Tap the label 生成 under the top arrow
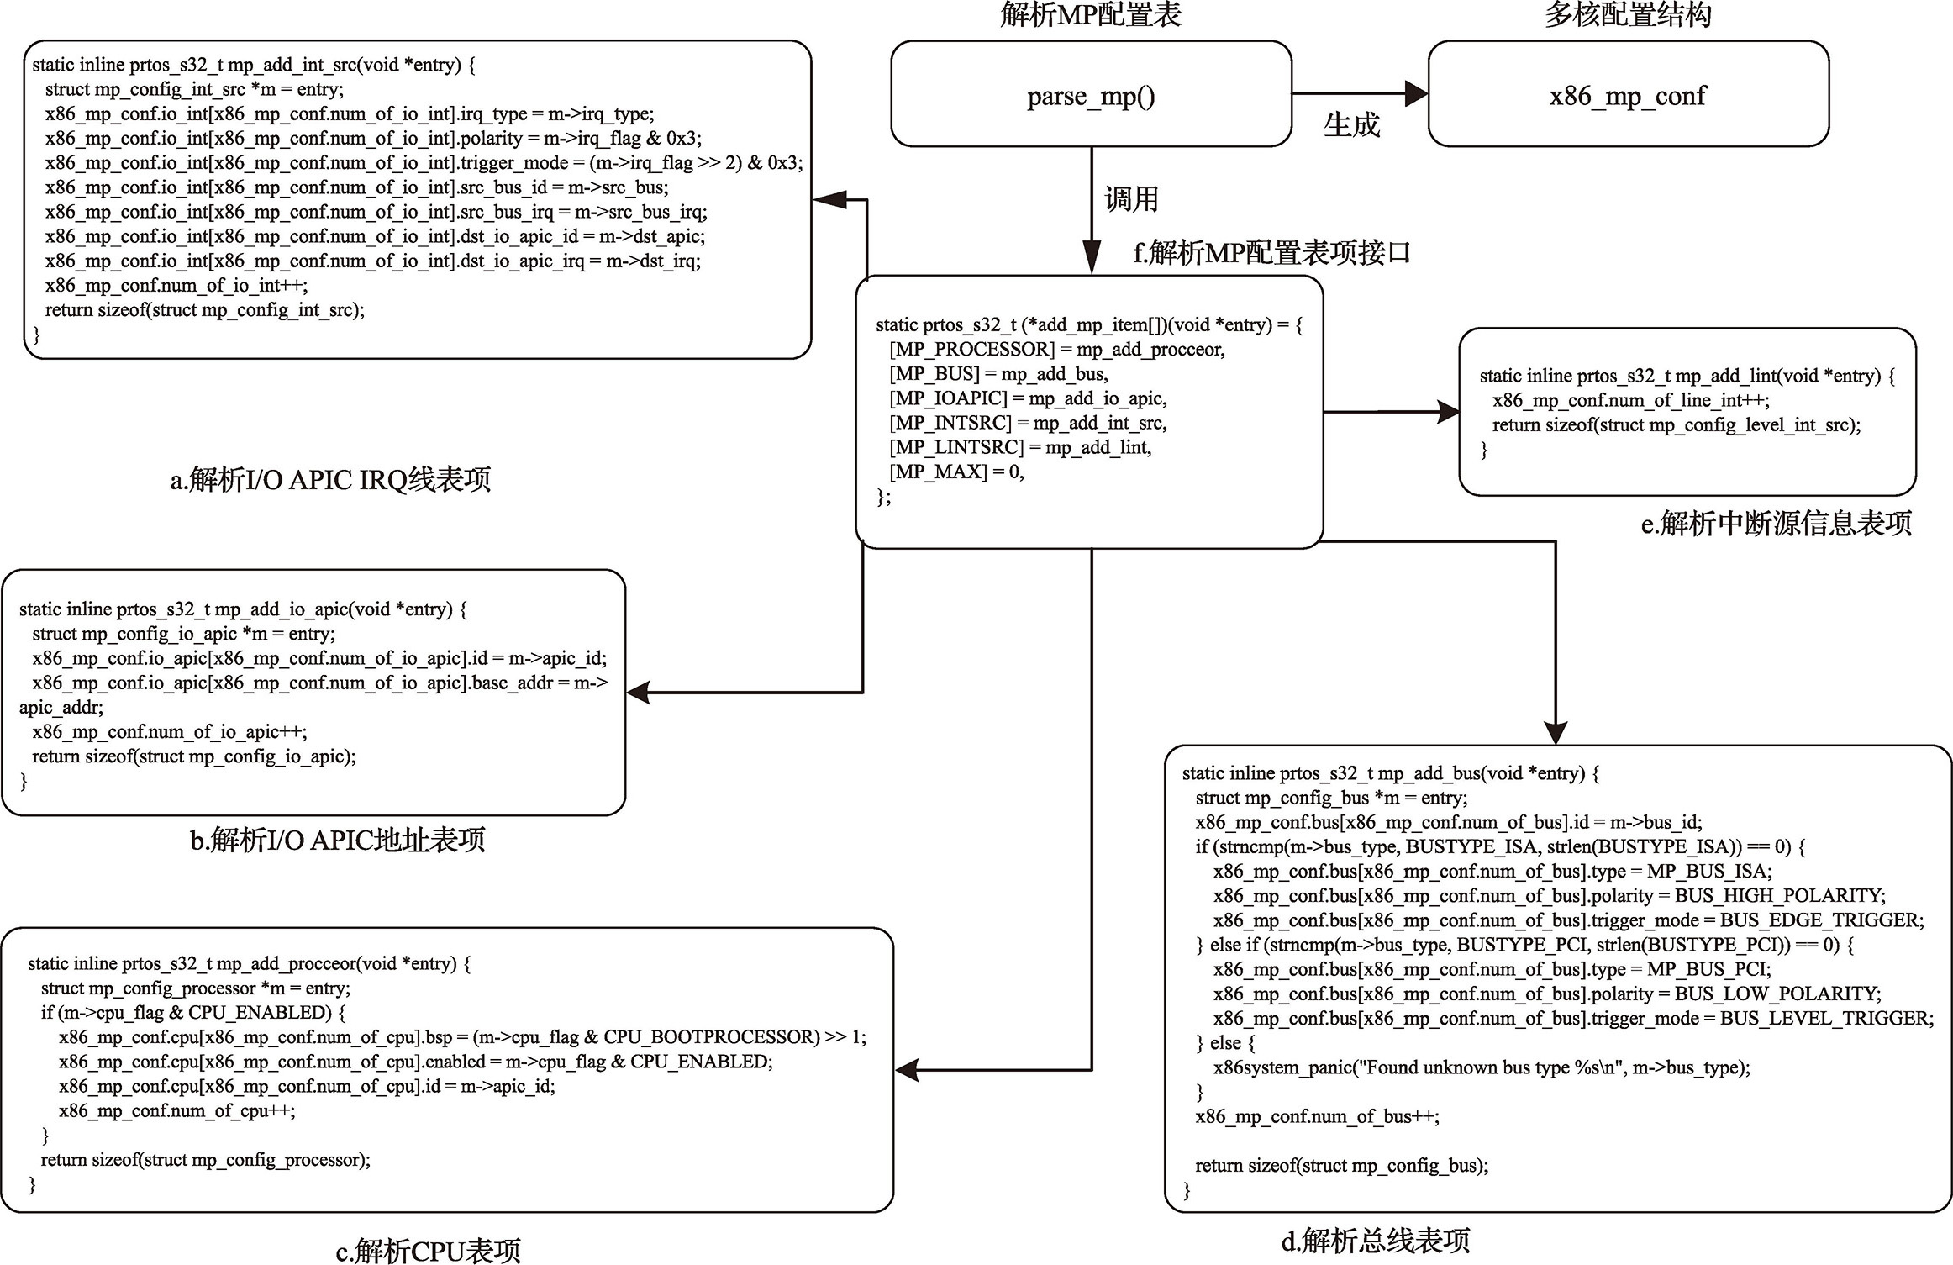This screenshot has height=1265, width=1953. coord(1351,125)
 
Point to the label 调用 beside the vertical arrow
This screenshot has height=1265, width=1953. coord(1131,199)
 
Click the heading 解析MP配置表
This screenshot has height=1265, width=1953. coord(1091,14)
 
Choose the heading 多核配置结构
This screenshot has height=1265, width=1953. coord(1628,14)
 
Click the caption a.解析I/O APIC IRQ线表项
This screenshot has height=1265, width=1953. coord(330,480)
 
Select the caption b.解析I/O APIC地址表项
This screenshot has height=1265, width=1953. coord(338,840)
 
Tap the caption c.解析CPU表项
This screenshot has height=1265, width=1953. coord(429,1251)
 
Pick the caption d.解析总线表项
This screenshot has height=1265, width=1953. coord(1376,1240)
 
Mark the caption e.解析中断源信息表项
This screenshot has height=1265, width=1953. coord(1777,524)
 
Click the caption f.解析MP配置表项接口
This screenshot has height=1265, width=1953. coord(1272,252)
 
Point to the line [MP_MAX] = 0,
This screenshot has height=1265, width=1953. coord(957,472)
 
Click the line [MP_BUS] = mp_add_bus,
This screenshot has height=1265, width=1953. coord(998,374)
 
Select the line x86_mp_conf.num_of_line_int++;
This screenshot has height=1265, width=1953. coord(1630,400)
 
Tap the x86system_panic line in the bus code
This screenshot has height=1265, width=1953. coord(1482,1067)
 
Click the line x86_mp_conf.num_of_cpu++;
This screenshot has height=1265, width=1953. coord(177,1110)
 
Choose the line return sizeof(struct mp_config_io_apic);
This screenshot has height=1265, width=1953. coord(194,756)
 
